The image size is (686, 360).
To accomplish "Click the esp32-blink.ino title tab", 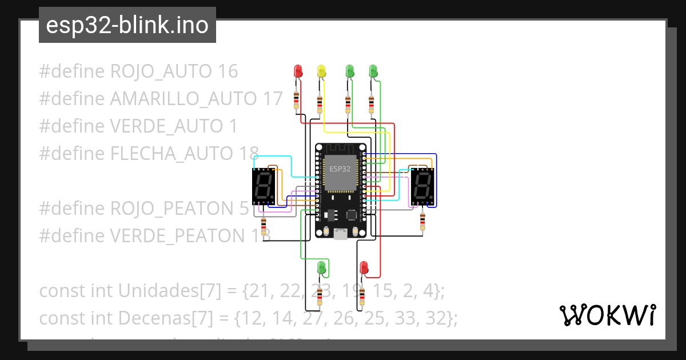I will (x=127, y=25).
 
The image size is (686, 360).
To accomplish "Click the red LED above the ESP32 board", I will (x=298, y=71).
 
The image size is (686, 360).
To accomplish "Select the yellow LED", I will (x=321, y=71).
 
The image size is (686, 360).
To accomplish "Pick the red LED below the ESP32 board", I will (x=364, y=267).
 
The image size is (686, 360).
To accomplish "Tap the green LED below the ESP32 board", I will (x=322, y=267).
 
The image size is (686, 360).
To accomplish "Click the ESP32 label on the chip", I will (x=341, y=169).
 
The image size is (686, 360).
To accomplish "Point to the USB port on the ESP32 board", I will (x=341, y=234).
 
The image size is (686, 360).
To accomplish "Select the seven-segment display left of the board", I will (x=265, y=187).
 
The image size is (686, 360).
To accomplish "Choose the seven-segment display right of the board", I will (x=422, y=187).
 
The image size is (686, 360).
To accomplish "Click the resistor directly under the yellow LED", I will (x=320, y=104).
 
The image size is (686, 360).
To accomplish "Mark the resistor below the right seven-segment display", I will (x=422, y=220).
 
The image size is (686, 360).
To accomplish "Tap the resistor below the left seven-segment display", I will (x=263, y=225).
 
